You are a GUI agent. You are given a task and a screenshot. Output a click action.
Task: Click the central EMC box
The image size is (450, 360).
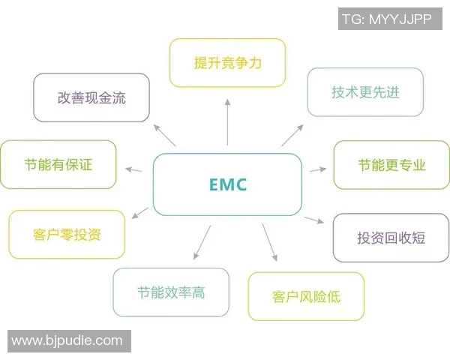coord(227,184)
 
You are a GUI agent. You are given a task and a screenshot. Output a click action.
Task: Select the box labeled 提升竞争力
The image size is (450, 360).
coord(227,63)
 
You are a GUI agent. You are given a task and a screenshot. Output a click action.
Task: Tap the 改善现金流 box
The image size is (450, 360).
coord(91,97)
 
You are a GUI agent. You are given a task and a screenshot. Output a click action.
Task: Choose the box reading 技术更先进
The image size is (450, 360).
coord(365,92)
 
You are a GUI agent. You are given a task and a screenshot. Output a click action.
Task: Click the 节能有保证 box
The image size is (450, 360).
coord(58,164)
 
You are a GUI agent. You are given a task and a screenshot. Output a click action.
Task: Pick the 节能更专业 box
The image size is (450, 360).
coord(391,164)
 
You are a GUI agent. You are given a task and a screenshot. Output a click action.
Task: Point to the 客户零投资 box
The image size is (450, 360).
coord(67,234)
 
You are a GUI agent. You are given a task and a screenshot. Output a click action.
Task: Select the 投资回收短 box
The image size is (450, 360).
coord(391,237)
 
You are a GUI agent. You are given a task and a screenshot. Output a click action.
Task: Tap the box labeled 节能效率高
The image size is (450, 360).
coord(171,292)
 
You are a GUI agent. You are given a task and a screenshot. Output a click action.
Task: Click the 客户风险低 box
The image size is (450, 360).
coord(306,296)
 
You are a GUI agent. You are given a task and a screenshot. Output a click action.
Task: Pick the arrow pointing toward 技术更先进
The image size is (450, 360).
coord(293,133)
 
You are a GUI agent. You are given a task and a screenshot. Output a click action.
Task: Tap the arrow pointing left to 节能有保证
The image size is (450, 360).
coord(134,169)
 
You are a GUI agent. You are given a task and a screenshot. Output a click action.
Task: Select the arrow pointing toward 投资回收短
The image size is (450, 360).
coord(315,220)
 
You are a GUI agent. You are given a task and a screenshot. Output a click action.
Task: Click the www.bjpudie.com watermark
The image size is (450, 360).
coord(67,340)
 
